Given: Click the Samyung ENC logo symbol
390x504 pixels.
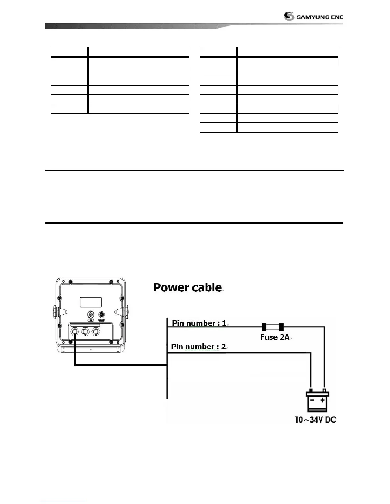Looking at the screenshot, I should tap(289, 17).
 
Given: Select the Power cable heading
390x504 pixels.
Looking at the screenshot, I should tap(187, 287).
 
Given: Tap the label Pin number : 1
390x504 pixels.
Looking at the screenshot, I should tap(199, 323).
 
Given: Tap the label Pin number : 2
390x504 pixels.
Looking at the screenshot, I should tap(198, 346).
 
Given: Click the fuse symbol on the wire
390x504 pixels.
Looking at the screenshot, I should tap(272, 327).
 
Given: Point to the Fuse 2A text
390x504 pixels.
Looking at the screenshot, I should tap(275, 337).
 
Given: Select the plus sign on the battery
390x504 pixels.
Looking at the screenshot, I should tap(322, 400).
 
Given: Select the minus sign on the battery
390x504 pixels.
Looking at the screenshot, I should tap(312, 400).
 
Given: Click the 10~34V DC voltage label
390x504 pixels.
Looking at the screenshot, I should tap(315, 420).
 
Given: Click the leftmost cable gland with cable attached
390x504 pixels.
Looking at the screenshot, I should tap(75, 332).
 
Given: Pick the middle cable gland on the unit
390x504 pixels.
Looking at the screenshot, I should tap(85, 332).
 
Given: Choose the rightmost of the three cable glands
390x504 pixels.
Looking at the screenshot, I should tap(96, 332).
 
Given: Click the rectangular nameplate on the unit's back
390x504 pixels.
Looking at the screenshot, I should tap(90, 302).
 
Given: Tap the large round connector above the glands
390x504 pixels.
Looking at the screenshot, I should tap(91, 315).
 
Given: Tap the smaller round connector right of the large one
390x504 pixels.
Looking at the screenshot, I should tap(102, 315).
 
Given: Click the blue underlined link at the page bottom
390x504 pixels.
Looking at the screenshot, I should tap(63, 501).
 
